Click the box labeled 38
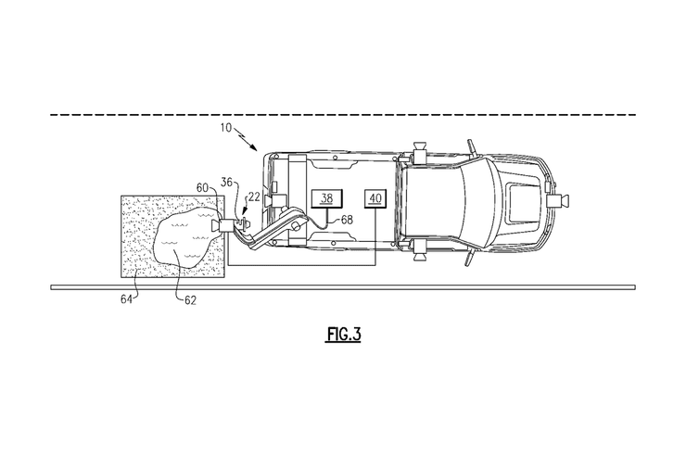point(326,198)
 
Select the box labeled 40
point(375,198)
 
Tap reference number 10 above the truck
point(226,128)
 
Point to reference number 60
point(202,187)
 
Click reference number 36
point(226,183)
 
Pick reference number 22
point(254,197)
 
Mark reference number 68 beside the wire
point(347,219)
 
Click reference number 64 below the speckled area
point(127,299)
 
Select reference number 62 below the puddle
point(190,300)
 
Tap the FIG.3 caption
point(343,335)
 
